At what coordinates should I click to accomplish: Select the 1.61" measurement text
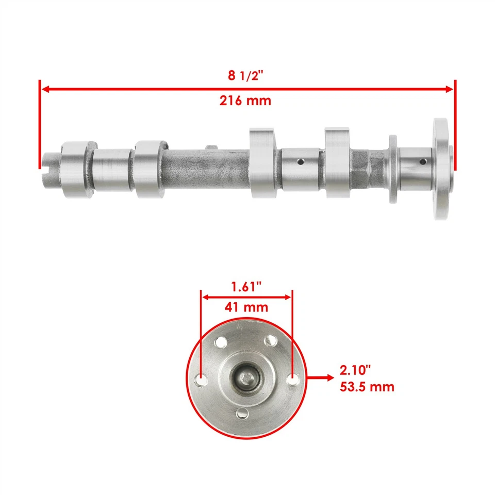click(246, 287)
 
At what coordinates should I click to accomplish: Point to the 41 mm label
click(246, 307)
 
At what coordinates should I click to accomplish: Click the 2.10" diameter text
click(355, 370)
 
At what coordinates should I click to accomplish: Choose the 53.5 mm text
click(367, 386)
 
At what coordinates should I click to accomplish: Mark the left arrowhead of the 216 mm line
click(45, 89)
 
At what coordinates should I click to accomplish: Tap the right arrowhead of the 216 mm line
click(450, 89)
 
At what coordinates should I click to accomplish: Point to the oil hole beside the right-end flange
click(423, 162)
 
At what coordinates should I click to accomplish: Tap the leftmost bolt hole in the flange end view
click(201, 380)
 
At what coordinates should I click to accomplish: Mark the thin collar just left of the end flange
click(393, 169)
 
